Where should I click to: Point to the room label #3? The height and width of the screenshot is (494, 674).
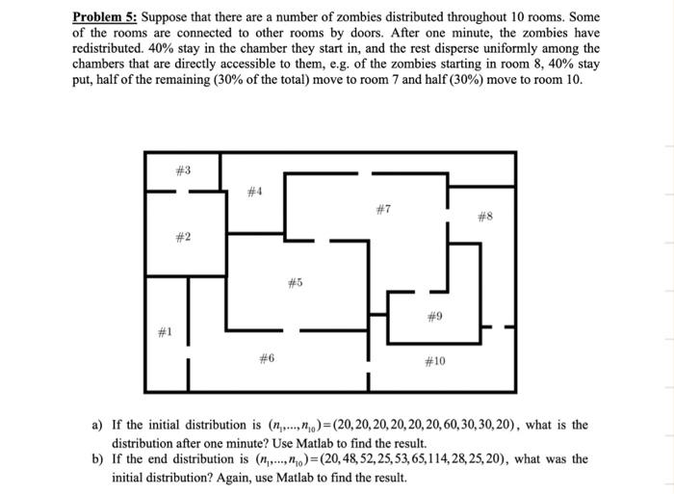coord(183,169)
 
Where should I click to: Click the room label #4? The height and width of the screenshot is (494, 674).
coord(253,192)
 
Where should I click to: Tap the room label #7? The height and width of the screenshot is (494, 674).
coord(382,208)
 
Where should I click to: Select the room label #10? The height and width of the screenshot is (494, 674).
coord(434,361)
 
